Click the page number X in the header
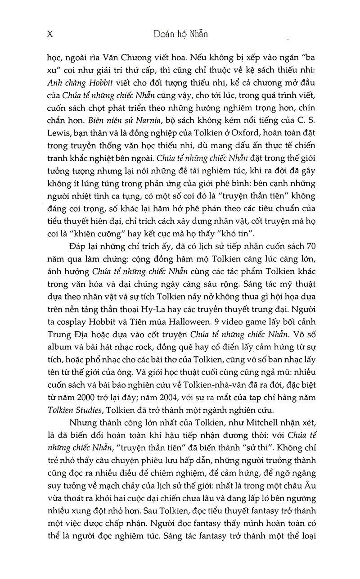coord(49,34)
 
